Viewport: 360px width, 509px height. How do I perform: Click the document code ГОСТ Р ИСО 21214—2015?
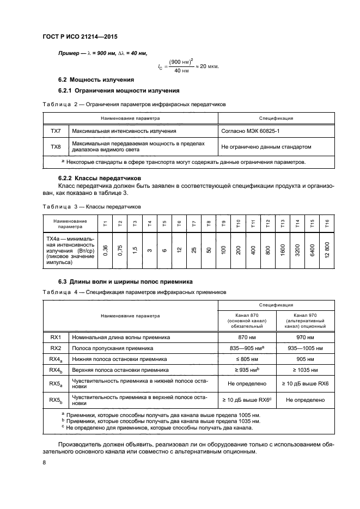pyautogui.click(x=80, y=36)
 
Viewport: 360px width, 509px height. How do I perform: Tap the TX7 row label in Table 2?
pyautogui.click(x=56, y=131)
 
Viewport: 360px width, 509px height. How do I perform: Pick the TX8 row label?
pyautogui.click(x=56, y=146)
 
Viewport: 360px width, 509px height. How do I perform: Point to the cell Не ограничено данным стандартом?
pyautogui.click(x=266, y=146)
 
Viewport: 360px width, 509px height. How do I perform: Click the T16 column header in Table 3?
pyautogui.click(x=326, y=223)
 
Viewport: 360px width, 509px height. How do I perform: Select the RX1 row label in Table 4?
pyautogui.click(x=56, y=337)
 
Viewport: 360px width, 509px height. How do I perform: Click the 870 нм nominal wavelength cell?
pyautogui.click(x=248, y=337)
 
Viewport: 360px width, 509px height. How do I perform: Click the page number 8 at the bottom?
pyautogui.click(x=44, y=463)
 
